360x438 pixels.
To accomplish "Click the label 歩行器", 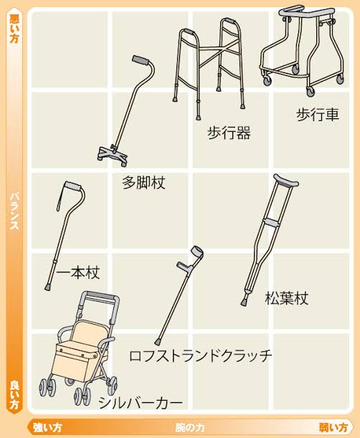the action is [229, 133].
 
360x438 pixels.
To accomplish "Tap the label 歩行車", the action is [318, 115].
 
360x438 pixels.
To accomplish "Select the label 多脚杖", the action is [143, 183].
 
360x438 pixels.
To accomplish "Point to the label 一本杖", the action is [78, 272].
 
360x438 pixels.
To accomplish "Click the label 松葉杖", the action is [286, 298].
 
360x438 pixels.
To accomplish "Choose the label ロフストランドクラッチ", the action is [200, 356].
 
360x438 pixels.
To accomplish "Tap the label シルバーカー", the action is [141, 403].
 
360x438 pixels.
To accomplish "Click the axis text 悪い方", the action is [14, 29].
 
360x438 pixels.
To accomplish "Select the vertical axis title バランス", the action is [14, 211].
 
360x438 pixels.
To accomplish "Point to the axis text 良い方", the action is [14, 394].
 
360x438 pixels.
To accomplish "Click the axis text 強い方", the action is [47, 428].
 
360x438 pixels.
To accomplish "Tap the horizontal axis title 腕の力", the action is [190, 428].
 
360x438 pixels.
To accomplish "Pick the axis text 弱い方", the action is [333, 428].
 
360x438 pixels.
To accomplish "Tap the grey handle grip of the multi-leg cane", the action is [141, 60].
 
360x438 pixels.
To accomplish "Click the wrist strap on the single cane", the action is [61, 197].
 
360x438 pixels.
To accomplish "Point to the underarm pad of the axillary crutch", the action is [286, 181].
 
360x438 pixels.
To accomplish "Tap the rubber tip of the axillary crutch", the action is [244, 303].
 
